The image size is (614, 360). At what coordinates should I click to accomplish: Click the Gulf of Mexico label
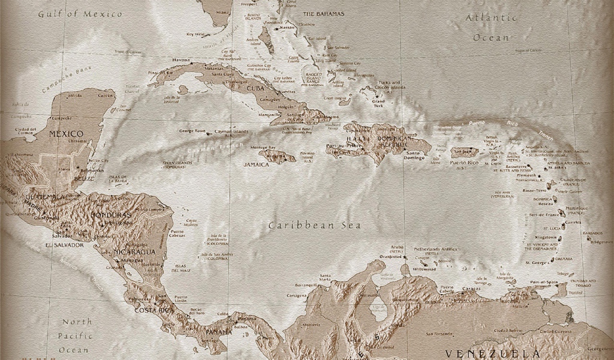pos(80,13)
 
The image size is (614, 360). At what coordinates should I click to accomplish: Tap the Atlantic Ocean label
pos(492,27)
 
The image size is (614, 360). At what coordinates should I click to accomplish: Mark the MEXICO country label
pos(66,133)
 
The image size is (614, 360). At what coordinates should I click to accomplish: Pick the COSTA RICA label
pos(153,310)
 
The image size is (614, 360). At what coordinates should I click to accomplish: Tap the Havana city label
pos(181,60)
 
